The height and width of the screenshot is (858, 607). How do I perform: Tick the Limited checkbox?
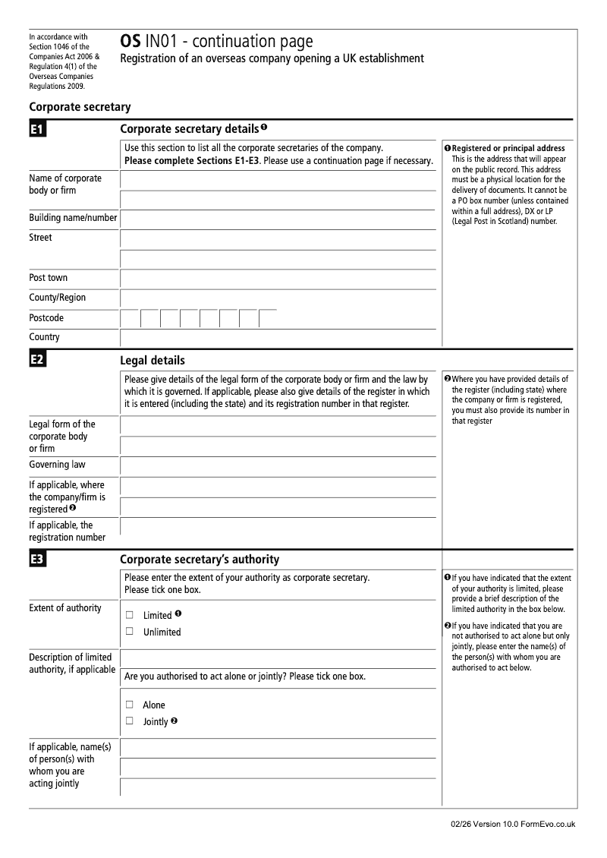pos(130,615)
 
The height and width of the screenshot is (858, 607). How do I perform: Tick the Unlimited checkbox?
pos(130,631)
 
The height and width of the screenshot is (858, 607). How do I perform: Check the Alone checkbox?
pos(130,705)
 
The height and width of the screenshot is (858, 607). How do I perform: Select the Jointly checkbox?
pos(130,721)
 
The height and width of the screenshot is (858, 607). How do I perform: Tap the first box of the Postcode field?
pos(130,319)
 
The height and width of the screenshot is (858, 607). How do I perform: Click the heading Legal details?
pos(153,361)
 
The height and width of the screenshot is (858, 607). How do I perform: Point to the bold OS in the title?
pos(130,43)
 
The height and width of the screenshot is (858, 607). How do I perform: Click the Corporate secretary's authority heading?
pos(200,560)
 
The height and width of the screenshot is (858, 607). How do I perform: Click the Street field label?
pos(41,238)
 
